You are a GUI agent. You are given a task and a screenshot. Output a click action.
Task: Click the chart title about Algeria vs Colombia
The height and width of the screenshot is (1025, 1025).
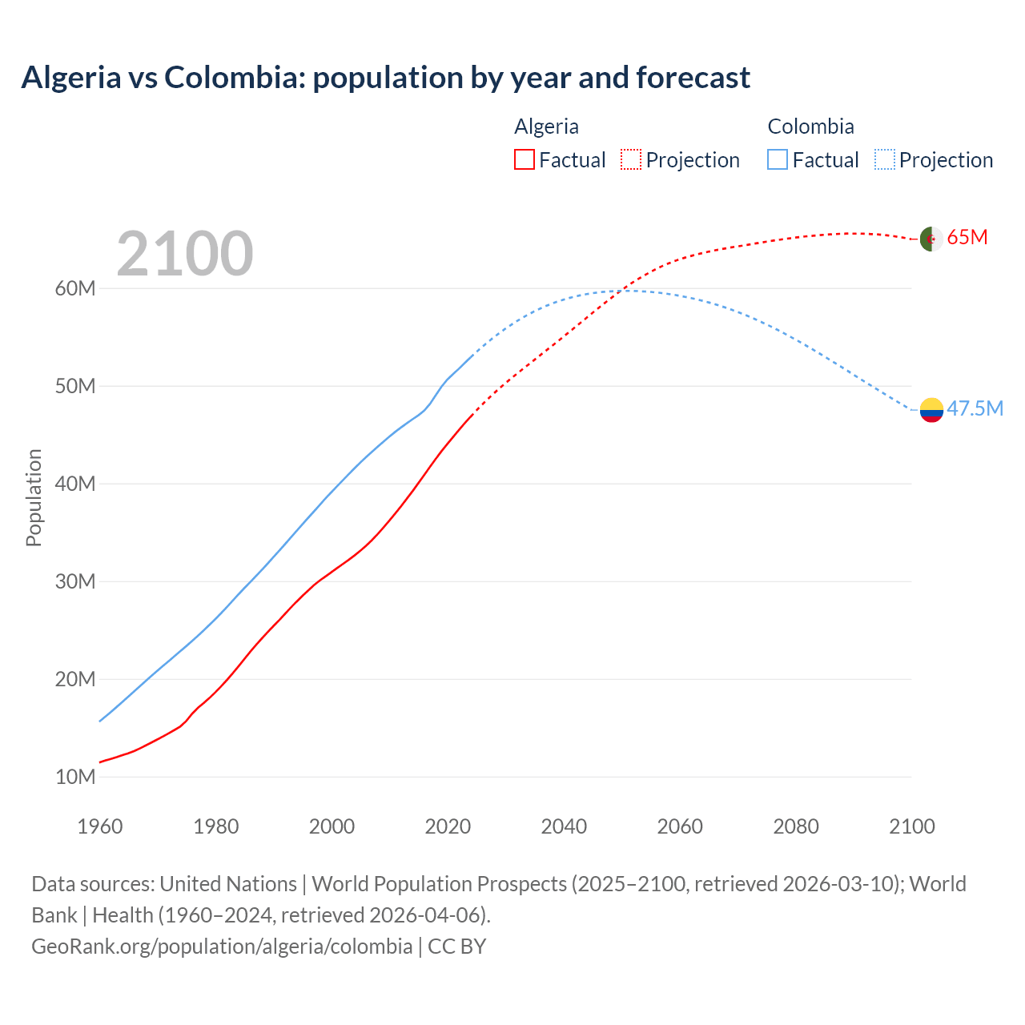click(x=385, y=78)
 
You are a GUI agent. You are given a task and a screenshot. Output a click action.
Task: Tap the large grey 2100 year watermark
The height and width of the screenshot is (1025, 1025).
click(x=185, y=254)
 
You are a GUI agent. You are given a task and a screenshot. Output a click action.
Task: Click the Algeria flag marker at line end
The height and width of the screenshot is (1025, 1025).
click(x=931, y=239)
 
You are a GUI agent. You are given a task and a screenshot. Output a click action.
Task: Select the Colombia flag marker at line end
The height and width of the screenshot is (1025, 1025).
click(x=931, y=409)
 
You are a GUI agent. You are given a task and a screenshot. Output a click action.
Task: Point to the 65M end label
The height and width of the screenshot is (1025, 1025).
click(x=967, y=238)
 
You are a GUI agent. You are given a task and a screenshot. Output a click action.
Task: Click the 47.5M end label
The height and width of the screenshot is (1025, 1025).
click(x=975, y=408)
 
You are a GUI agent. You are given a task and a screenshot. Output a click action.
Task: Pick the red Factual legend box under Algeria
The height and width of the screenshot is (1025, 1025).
click(x=525, y=160)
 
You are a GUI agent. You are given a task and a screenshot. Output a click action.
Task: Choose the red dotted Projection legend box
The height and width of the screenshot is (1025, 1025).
click(x=631, y=160)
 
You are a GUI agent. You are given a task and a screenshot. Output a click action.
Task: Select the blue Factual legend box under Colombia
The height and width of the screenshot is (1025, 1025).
click(x=778, y=160)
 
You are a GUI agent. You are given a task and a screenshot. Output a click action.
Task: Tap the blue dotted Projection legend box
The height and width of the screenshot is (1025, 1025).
click(x=885, y=160)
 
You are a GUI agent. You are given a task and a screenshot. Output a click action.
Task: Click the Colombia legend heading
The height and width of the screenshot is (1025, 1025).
click(x=810, y=127)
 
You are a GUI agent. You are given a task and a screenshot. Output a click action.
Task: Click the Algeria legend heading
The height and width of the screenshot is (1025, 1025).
click(x=546, y=127)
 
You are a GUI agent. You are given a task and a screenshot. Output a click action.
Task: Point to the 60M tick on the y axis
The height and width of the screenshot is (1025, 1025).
click(x=75, y=288)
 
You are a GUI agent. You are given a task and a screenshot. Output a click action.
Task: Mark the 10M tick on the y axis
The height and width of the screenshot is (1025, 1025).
click(x=75, y=777)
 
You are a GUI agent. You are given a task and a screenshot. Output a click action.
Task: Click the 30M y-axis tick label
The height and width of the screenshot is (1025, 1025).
click(x=75, y=581)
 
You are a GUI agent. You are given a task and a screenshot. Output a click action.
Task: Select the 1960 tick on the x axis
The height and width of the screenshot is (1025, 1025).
click(x=100, y=826)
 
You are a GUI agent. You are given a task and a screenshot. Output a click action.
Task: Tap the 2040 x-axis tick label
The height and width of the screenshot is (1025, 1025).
click(x=564, y=826)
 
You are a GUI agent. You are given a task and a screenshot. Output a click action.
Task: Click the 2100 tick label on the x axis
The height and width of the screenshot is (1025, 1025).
click(x=912, y=826)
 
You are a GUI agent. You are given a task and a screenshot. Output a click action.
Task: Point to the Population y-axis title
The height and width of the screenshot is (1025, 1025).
click(x=34, y=497)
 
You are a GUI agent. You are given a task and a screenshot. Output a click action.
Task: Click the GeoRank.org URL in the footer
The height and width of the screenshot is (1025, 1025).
click(x=222, y=947)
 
